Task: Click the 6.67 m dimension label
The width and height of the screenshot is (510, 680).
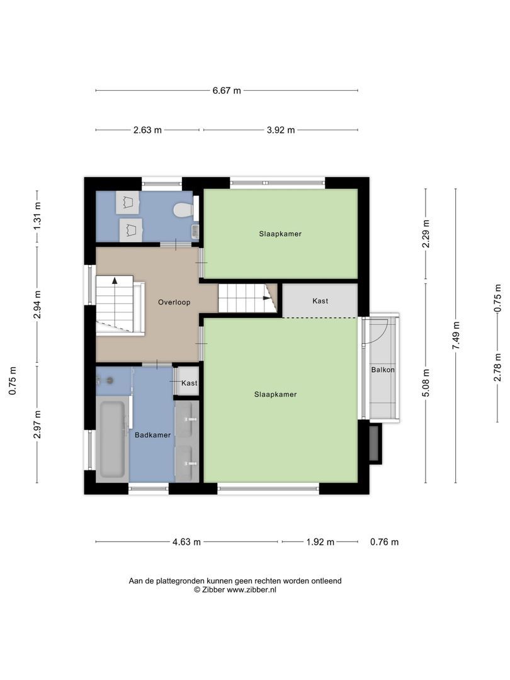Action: tap(227, 91)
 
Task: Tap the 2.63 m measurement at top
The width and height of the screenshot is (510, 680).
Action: tap(147, 130)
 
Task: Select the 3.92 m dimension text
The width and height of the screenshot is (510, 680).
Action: tap(280, 130)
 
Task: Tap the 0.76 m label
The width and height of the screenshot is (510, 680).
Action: tap(384, 541)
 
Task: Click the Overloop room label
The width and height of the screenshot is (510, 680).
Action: tap(174, 302)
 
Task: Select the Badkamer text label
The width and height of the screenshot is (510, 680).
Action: tap(152, 434)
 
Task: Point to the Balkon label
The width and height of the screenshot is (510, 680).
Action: tap(383, 370)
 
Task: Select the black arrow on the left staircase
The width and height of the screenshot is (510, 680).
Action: tap(115, 281)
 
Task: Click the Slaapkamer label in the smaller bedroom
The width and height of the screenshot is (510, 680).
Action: tap(280, 234)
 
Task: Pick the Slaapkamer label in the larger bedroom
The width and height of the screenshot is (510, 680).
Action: tap(275, 394)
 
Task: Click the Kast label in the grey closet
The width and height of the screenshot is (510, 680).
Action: tap(320, 301)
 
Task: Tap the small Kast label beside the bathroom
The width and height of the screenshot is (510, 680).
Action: tap(189, 383)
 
